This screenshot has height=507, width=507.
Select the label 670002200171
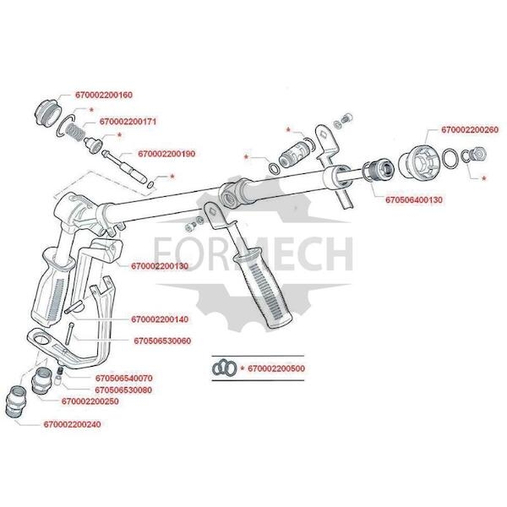click(128, 121)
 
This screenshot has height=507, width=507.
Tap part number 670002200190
click(166, 154)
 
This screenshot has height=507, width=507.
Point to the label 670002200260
click(469, 130)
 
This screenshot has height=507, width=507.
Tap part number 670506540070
click(123, 378)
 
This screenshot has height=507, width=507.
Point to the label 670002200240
click(73, 423)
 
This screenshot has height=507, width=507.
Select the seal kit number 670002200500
click(279, 369)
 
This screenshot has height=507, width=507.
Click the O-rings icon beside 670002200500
click(224, 368)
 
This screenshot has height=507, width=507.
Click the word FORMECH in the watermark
click(253, 252)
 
